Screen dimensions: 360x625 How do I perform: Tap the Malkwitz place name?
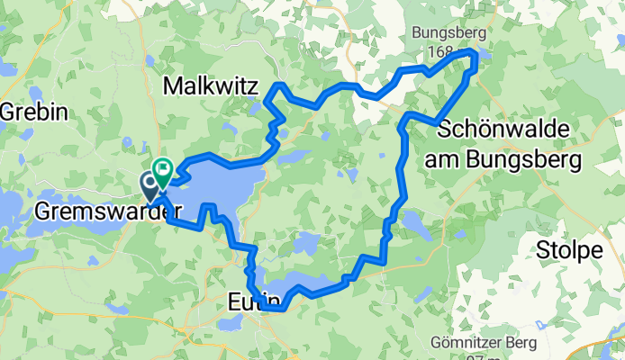pyautogui.click(x=211, y=86)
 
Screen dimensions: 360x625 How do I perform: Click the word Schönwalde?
pyautogui.click(x=503, y=131)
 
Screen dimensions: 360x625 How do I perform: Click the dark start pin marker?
pyautogui.click(x=149, y=184)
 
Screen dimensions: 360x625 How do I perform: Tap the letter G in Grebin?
pyautogui.click(x=7, y=112)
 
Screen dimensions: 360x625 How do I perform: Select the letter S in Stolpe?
pyautogui.click(x=545, y=251)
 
